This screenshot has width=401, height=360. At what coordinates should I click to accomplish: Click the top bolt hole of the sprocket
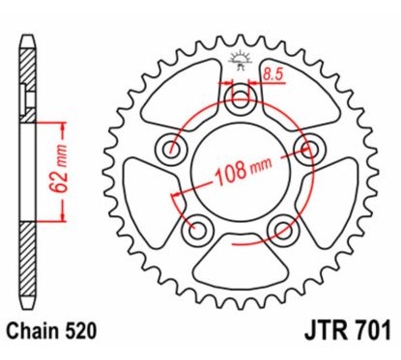(x=242, y=97)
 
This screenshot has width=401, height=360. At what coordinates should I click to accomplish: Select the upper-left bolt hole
(x=174, y=148)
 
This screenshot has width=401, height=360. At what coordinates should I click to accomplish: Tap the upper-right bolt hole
(x=310, y=148)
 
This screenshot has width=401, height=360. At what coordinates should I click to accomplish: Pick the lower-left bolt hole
(x=200, y=228)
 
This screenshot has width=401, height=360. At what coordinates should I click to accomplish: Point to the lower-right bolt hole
(x=284, y=228)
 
